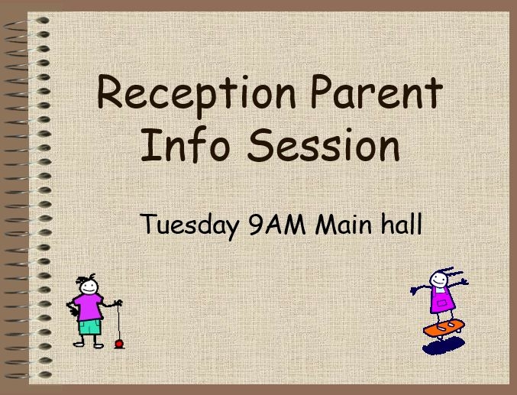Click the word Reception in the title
pyautogui.click(x=196, y=95)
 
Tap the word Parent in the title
pyautogui.click(x=376, y=92)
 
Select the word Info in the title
pyautogui.click(x=185, y=145)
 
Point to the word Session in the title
pyautogui.click(x=324, y=145)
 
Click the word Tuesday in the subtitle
pyautogui.click(x=189, y=225)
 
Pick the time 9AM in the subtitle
pyautogui.click(x=278, y=224)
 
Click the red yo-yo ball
pyautogui.click(x=119, y=344)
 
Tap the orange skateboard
pyautogui.click(x=444, y=328)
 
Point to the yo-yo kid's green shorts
pyautogui.click(x=89, y=327)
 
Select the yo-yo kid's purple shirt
pyautogui.click(x=88, y=306)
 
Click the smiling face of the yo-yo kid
pyautogui.click(x=89, y=287)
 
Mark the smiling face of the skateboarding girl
pyautogui.click(x=438, y=280)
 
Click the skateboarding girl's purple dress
pyautogui.click(x=442, y=300)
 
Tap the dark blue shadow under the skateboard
pyautogui.click(x=444, y=346)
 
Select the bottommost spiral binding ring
pyautogui.click(x=28, y=375)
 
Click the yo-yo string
pyautogui.click(x=118, y=322)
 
